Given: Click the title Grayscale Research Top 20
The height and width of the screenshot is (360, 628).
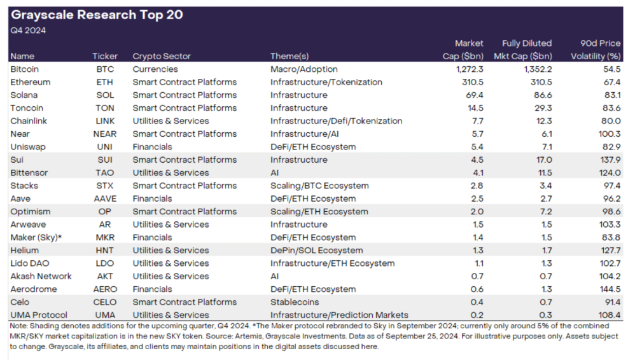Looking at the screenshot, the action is tap(97, 15).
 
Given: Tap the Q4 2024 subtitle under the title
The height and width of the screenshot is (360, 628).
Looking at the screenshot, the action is tap(28, 31).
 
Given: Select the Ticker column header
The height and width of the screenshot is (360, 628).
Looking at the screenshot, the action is tap(105, 57).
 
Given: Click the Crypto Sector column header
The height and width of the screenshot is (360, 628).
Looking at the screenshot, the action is tap(162, 57).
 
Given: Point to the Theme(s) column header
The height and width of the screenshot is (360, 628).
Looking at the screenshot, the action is tap(290, 57).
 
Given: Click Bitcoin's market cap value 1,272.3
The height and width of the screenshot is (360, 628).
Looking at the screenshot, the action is tap(470, 69).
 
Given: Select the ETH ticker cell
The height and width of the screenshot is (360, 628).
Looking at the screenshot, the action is tap(104, 82).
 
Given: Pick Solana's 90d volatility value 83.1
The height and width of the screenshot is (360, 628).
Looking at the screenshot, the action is tap(611, 95).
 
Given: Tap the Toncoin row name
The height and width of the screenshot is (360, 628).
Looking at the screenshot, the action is tap(27, 108).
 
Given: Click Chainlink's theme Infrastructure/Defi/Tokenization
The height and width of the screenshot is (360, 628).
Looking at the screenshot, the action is tap(337, 121).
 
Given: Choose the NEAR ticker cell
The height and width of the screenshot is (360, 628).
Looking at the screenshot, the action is tap(105, 134).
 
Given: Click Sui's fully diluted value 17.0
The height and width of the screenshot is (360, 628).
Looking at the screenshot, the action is tap(544, 160).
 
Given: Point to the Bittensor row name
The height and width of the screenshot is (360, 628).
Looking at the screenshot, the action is tap(29, 172).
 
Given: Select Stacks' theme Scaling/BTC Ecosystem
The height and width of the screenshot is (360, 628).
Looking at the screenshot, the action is tap(319, 186).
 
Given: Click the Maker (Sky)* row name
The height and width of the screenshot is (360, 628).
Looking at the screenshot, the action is tap(36, 237).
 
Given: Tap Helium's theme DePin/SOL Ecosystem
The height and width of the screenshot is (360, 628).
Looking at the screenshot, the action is tap(316, 250).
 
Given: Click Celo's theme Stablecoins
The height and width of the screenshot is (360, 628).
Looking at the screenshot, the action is tap(295, 302).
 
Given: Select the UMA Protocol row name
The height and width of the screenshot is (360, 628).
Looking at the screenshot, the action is tap(39, 315).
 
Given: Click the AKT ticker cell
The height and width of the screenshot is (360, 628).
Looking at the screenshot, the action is tap(105, 276).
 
